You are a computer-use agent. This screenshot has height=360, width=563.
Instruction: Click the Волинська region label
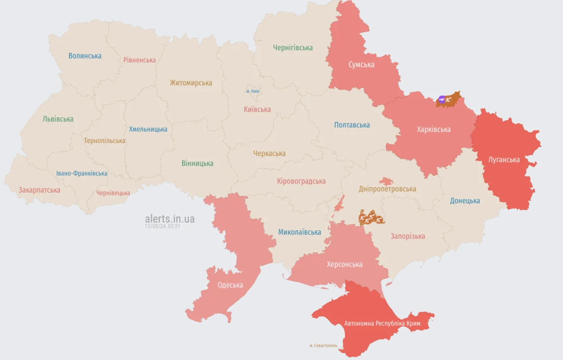click(x=85, y=56)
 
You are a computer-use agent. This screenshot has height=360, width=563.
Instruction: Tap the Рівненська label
click(x=139, y=60)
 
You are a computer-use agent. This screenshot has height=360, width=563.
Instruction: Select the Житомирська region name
click(x=191, y=83)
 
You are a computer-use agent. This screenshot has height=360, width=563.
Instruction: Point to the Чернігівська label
click(x=292, y=48)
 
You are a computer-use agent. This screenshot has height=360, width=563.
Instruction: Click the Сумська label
click(x=362, y=65)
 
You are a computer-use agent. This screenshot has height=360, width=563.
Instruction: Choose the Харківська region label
click(x=434, y=129)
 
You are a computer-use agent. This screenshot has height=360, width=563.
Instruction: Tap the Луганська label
click(x=504, y=160)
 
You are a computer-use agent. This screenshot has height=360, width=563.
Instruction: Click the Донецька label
click(x=465, y=201)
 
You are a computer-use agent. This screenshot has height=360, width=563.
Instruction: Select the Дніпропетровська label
click(x=387, y=189)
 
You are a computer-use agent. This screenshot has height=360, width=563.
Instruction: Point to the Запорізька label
click(x=408, y=236)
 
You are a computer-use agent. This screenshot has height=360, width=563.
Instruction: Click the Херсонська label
click(x=344, y=264)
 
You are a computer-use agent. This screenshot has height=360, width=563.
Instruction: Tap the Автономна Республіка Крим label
click(x=382, y=323)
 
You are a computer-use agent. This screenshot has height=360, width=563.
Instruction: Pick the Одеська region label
click(x=230, y=285)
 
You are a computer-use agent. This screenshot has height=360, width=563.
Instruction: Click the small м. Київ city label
click(x=253, y=91)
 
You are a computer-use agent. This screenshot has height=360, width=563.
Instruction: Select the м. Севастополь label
click(x=323, y=345)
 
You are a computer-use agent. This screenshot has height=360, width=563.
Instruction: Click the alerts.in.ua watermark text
click(x=169, y=219)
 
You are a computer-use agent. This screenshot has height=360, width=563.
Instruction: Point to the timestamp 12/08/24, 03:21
click(x=163, y=226)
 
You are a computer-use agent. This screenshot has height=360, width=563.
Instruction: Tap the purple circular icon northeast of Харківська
click(x=442, y=99)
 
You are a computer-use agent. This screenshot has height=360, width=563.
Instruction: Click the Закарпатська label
click(x=39, y=190)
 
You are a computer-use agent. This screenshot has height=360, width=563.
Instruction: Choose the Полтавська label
click(x=352, y=125)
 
